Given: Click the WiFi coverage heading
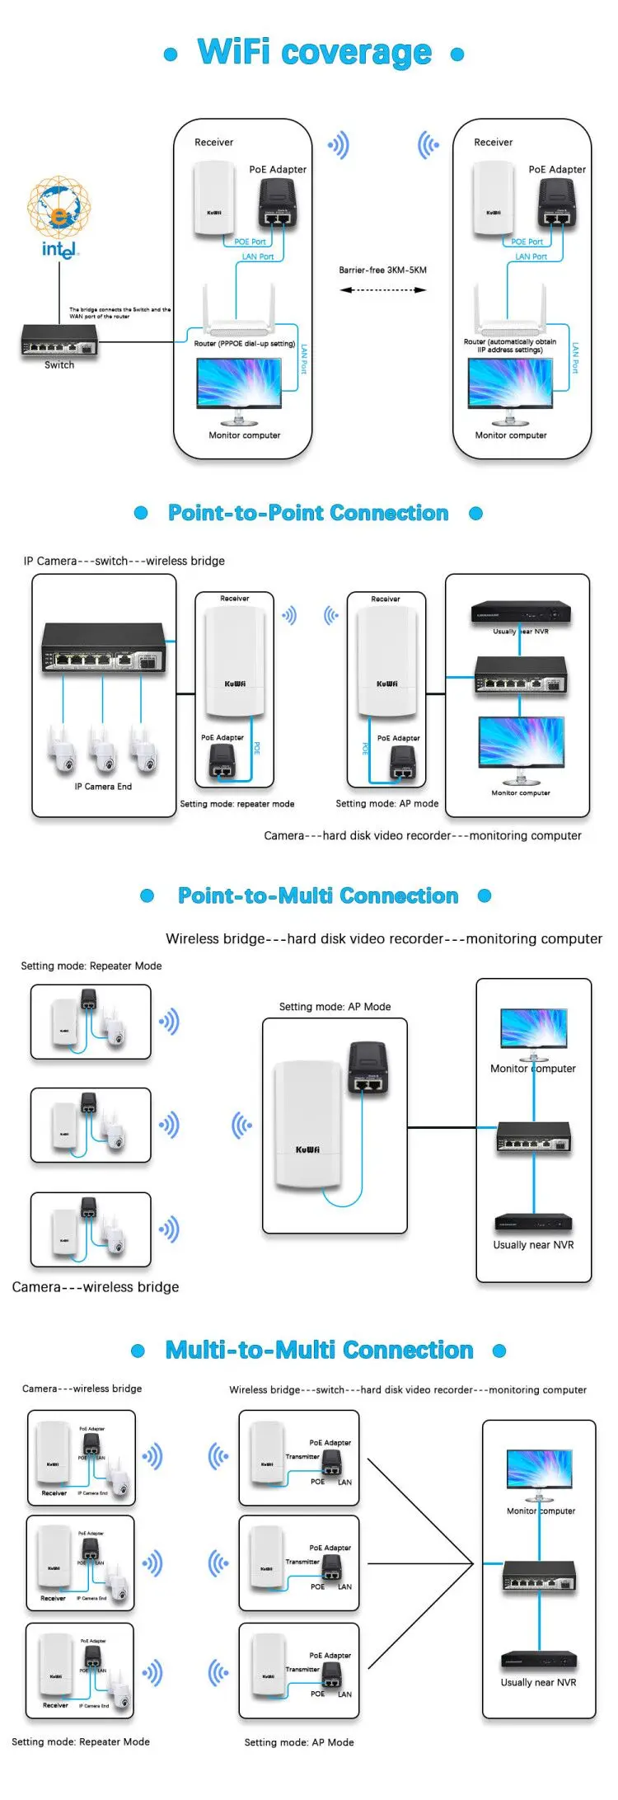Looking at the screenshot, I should pos(314,53).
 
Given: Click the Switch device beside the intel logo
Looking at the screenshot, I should pos(59,339).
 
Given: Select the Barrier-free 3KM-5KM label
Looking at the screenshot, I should pos(382,270).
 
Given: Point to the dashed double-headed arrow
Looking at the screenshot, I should pos(382,290).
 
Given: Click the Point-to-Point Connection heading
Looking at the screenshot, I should pos(308,513).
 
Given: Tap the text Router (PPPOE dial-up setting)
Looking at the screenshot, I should pos(244,344).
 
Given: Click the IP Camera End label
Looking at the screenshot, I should pos(103,787).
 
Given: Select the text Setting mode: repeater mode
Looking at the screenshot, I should pos(236,804).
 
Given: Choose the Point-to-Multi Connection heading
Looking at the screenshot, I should pos(318,895).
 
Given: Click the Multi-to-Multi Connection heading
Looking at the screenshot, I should pos(319,1350).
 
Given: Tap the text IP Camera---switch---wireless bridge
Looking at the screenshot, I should pos(124,561).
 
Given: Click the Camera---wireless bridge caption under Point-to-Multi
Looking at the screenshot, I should pos(96,1287).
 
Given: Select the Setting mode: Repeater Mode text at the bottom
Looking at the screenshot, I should pos(81,1741).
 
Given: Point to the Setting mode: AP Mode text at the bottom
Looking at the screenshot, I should pos(299,1742).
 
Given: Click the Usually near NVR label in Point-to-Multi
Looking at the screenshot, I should pos(533,1245).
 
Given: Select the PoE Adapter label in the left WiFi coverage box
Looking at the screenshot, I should pos(278,169).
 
